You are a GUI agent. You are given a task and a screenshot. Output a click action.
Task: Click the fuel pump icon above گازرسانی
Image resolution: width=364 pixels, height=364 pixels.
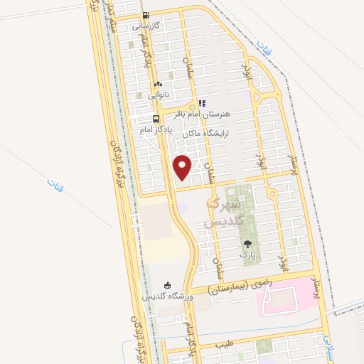pyautogui.click(x=146, y=15)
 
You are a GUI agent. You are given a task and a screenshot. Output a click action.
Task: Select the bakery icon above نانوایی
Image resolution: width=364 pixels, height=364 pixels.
pyautogui.click(x=158, y=84)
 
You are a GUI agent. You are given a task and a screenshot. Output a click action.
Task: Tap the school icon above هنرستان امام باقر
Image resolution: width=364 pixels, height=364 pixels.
pyautogui.click(x=202, y=103)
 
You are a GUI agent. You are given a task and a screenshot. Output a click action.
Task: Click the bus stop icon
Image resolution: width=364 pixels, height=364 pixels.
pyautogui.click(x=156, y=119)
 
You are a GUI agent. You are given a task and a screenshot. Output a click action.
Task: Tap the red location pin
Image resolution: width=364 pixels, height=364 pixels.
pyautogui.click(x=183, y=167)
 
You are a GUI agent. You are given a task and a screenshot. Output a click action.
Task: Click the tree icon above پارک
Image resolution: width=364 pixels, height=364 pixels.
pyautogui.click(x=247, y=244)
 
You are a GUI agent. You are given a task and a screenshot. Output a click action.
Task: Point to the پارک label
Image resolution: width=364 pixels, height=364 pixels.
pyautogui.click(x=247, y=254)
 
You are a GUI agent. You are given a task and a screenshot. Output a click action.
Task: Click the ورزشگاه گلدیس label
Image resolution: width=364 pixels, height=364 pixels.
pyautogui.click(x=167, y=296)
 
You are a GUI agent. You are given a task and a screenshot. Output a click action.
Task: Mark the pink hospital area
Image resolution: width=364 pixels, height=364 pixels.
pyautogui.click(x=288, y=295)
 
